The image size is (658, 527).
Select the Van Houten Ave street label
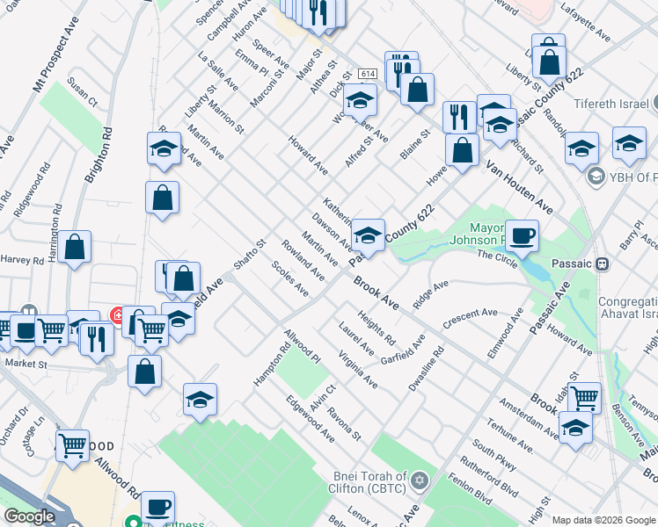coord(518,188)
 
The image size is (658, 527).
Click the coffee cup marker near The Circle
coord(522,235)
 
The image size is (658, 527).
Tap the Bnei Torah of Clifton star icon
coord(420,480)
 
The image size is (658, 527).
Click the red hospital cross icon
coord(115,314)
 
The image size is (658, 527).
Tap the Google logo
coord(29,516)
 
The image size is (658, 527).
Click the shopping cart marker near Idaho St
coord(585,398)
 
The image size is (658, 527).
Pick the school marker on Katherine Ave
coord(369,235)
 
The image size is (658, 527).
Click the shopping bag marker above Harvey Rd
coord(76,248)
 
